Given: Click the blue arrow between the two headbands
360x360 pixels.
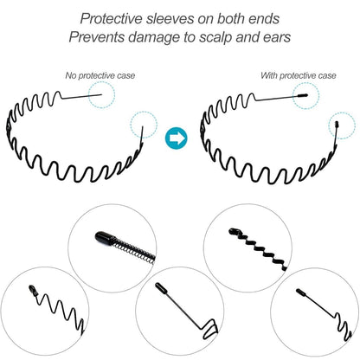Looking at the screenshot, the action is tap(177, 138).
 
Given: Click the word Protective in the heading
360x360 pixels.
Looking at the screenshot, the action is tap(111, 19).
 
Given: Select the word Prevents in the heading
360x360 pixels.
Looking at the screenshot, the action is tap(97, 37).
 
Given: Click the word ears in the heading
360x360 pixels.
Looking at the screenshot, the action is tap(277, 38).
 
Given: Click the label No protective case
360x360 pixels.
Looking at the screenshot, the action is tap(100, 75).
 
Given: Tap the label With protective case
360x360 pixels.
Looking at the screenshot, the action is tap(299, 75).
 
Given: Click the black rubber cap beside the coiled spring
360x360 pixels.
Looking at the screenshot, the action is tap(103, 238).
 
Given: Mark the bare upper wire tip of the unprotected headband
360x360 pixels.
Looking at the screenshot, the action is tap(101, 94).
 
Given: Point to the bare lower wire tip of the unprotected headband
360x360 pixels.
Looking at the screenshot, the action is tap(143, 127).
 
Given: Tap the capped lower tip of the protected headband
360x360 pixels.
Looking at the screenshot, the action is tap(337, 125).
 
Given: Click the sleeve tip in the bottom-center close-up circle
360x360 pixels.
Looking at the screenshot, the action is tap(160, 287).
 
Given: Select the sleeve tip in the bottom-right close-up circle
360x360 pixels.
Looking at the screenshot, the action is tap(300, 292).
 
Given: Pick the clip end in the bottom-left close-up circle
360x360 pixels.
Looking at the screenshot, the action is tap(33, 290).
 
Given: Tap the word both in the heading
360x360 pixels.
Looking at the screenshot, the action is tap(228, 19).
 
